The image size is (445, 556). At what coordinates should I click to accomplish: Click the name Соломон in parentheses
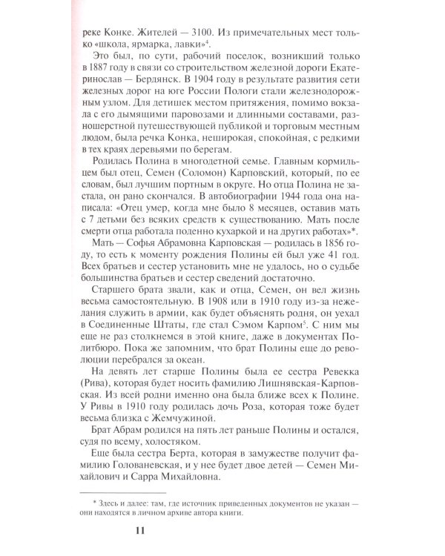point(205,202)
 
